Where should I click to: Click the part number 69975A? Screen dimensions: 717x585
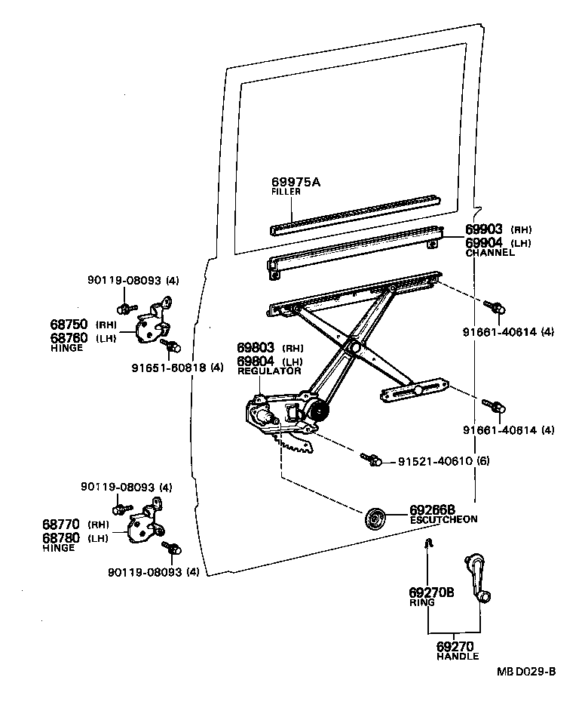tap(296, 182)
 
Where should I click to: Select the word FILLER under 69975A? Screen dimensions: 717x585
tap(286, 192)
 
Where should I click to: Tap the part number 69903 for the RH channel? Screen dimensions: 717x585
tap(484, 229)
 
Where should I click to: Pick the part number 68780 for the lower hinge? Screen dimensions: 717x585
tap(65, 537)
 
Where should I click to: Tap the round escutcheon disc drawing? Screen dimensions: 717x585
tap(375, 519)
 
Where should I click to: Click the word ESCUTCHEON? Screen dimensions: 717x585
tap(443, 520)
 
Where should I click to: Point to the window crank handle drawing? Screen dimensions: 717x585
tap(478, 578)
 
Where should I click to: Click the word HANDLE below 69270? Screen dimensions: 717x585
tap(457, 657)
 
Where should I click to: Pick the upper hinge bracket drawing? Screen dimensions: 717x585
tap(153, 323)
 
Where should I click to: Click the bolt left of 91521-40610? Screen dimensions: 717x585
tap(370, 459)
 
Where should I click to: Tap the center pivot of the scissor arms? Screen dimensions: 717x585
tap(351, 347)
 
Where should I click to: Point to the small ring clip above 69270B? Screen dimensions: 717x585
tap(427, 543)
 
